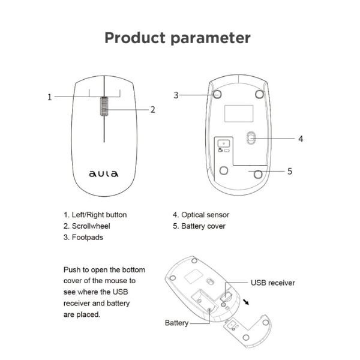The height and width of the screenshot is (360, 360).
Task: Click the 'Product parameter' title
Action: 178,38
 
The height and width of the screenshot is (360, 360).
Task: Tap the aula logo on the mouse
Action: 104,174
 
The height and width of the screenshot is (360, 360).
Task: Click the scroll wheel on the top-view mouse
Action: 104,106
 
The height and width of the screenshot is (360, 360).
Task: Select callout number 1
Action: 50,97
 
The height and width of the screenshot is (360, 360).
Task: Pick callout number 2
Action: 152,110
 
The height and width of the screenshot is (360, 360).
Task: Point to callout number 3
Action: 176,95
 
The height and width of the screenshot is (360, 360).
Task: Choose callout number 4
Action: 301,139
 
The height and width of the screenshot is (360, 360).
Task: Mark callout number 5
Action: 290,171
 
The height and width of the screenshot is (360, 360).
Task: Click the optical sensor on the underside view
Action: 251,138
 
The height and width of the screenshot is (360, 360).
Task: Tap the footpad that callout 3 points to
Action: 217,94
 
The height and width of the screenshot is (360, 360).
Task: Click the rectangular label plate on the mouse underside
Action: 239,113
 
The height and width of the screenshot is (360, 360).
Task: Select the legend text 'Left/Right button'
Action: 99,215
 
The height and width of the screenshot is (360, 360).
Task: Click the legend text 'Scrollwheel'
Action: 91,226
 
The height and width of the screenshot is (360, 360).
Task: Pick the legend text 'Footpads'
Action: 88,238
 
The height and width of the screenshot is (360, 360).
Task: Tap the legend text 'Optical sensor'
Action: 205,215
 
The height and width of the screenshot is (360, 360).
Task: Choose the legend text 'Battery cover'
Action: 203,226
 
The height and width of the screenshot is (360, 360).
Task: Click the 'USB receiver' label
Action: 272,283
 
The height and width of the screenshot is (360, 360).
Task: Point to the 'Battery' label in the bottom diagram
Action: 176,323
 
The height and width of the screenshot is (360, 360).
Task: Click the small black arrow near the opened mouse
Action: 246,302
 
